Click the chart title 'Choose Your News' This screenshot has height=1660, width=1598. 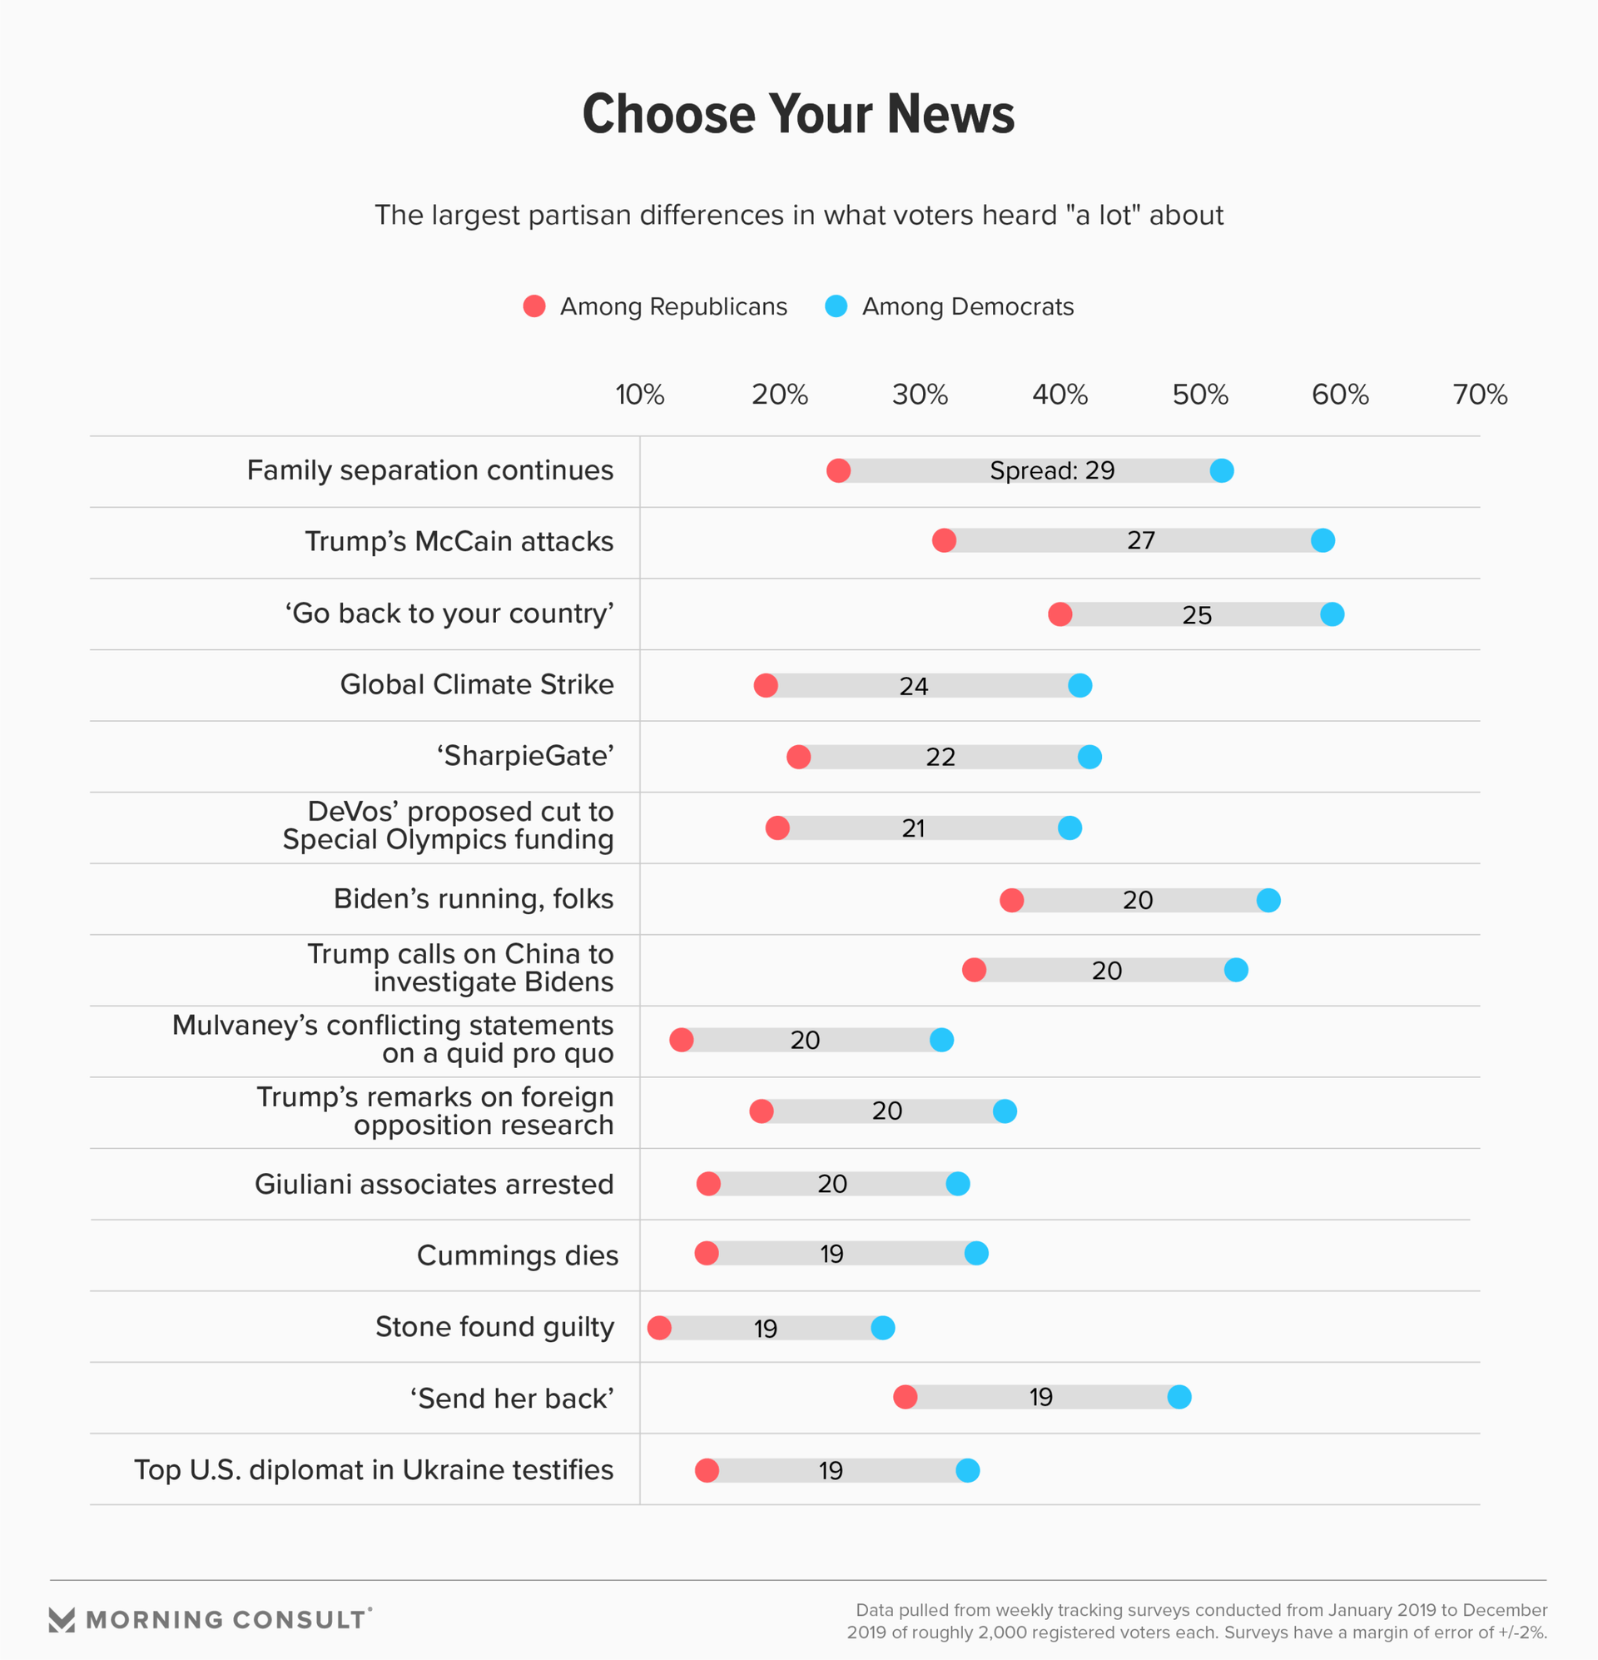(797, 114)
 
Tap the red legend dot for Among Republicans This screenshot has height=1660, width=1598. (534, 306)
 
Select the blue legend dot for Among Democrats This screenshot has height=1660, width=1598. (836, 306)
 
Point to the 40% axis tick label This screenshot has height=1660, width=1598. (1060, 395)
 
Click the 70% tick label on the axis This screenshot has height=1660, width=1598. (1480, 395)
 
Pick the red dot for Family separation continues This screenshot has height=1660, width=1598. (838, 470)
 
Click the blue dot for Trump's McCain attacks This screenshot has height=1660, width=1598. (1323, 540)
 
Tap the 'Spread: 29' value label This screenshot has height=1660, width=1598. (1052, 470)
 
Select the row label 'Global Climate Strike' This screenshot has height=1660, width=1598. (477, 684)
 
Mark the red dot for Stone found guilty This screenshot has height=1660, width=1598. (660, 1327)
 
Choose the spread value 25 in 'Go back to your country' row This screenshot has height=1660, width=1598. (1197, 615)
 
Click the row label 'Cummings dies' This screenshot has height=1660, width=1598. (518, 1255)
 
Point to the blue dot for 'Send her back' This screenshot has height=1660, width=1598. (1179, 1397)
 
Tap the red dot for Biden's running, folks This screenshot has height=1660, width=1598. (1012, 900)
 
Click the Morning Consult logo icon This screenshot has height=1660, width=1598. (62, 1619)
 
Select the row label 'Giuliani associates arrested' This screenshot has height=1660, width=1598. (434, 1184)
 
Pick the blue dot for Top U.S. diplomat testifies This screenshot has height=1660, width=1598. (968, 1470)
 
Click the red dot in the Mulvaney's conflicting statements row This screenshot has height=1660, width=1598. (682, 1039)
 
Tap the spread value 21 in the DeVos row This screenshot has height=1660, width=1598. (913, 828)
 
